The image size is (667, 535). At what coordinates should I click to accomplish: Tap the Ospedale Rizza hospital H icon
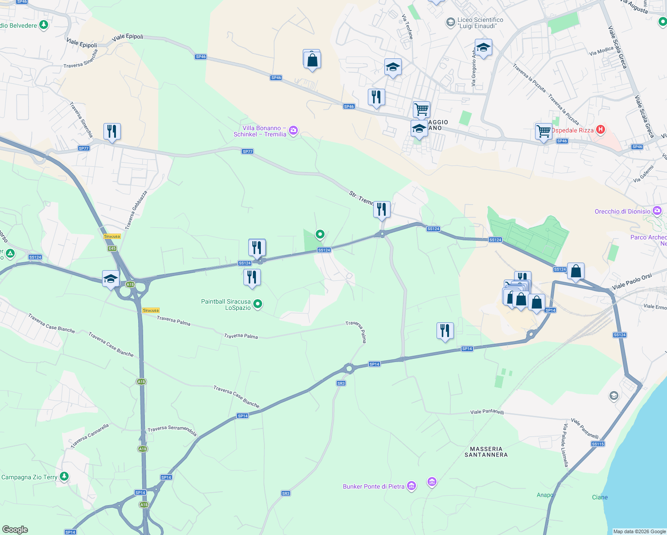pyautogui.click(x=601, y=130)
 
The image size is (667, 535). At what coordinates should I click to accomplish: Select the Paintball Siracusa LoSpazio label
pyautogui.click(x=226, y=305)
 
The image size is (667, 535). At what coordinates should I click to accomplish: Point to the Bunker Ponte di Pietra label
pyautogui.click(x=374, y=486)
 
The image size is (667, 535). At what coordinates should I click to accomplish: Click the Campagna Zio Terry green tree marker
pyautogui.click(x=64, y=477)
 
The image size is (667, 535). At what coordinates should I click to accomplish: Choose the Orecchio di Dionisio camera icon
pyautogui.click(x=657, y=210)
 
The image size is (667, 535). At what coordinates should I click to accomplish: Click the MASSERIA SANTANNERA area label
pyautogui.click(x=486, y=452)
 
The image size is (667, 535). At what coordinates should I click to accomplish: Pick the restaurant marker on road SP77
pyautogui.click(x=112, y=132)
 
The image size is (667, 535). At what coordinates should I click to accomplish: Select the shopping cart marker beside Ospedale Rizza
pyautogui.click(x=543, y=132)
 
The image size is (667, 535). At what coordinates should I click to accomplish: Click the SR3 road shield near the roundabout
pyautogui.click(x=341, y=383)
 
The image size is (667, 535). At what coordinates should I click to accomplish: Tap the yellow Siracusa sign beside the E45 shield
pyautogui.click(x=112, y=236)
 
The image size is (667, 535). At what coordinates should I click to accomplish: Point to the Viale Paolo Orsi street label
pyautogui.click(x=632, y=282)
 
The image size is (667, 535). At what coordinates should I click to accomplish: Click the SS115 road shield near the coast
pyautogui.click(x=598, y=444)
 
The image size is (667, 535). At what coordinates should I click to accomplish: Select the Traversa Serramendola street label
pyautogui.click(x=172, y=430)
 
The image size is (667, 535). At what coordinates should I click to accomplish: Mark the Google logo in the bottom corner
pyautogui.click(x=15, y=530)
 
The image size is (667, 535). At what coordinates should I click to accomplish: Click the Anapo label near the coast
pyautogui.click(x=545, y=495)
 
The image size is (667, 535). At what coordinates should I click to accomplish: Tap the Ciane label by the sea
pyautogui.click(x=600, y=497)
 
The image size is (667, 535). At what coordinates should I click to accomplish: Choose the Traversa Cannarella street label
pyautogui.click(x=90, y=436)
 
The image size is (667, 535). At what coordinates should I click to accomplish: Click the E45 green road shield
pyautogui.click(x=112, y=248)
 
